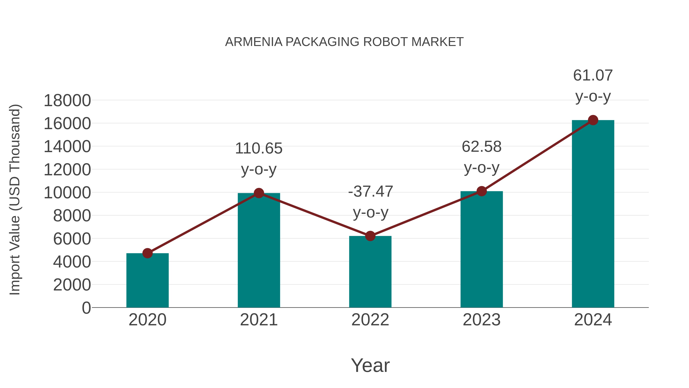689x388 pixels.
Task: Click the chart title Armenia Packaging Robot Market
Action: [344, 42]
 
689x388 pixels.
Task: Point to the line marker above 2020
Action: [147, 253]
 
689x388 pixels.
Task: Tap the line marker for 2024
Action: [593, 120]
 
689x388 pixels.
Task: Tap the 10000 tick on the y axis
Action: [67, 193]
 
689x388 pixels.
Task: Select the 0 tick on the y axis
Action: [86, 308]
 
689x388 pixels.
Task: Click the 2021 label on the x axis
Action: [259, 320]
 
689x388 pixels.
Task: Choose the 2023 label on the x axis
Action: [482, 320]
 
